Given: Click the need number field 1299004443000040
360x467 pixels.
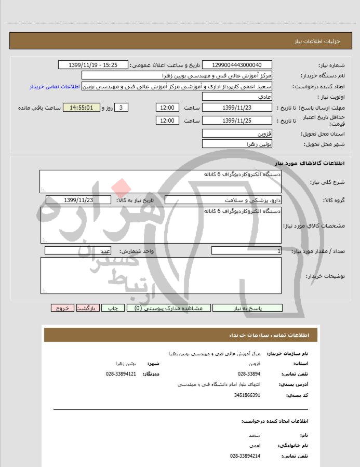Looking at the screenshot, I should (x=236, y=65).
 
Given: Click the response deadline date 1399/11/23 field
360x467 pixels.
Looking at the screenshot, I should (x=236, y=108).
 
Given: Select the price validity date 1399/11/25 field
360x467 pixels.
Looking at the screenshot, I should (x=236, y=121).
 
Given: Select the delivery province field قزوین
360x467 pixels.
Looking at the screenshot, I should (x=236, y=134).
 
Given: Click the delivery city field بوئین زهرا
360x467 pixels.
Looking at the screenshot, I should (x=236, y=144).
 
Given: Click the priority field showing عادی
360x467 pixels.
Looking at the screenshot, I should (x=236, y=97).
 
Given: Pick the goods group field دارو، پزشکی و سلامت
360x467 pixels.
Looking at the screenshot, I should (x=223, y=200).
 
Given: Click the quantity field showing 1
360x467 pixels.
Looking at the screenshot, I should (x=246, y=251).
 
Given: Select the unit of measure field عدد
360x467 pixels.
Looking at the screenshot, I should (x=78, y=251).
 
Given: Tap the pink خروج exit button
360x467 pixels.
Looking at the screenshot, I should (x=62, y=308).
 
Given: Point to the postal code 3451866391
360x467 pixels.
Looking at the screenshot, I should (x=249, y=395).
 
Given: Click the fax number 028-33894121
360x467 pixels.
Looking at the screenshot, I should (x=121, y=374).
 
